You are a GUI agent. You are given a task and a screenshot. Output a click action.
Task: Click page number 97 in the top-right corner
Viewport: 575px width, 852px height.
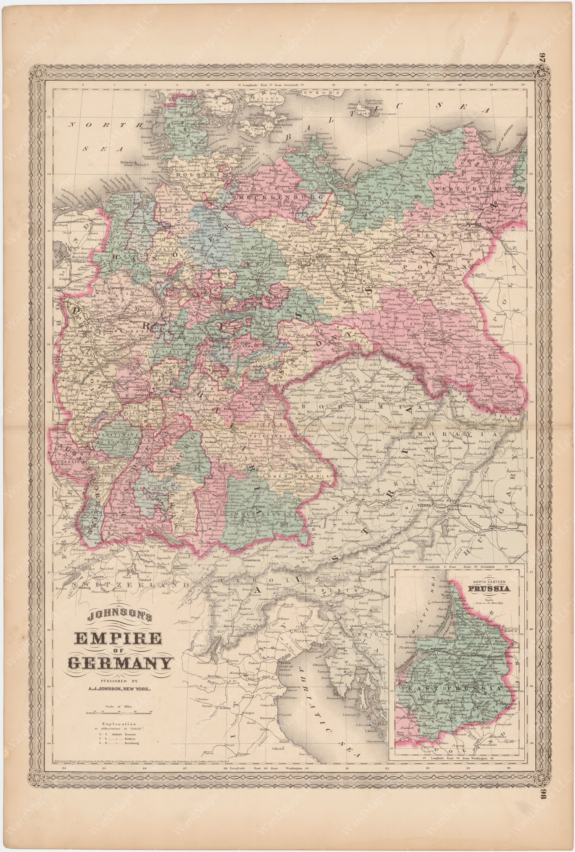coord(564,57)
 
